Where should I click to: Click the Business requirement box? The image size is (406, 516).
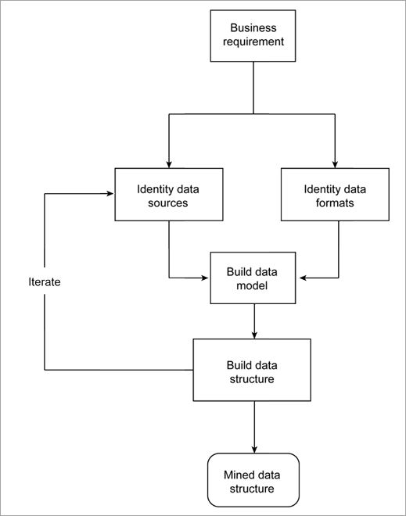tap(253, 36)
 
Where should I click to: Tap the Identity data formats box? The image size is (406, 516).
tap(334, 195)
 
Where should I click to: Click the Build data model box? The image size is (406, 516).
tap(253, 278)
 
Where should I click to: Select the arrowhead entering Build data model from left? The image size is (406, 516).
tap(206, 278)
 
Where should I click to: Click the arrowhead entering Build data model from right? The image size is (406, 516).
tap(300, 278)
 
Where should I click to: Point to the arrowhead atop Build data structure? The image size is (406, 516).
tap(253, 335)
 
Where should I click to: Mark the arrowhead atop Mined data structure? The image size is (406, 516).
tap(253, 449)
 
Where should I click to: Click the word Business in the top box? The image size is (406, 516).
tap(253, 29)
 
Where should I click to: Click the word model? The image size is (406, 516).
tap(253, 285)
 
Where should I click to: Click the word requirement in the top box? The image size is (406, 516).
tap(253, 43)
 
